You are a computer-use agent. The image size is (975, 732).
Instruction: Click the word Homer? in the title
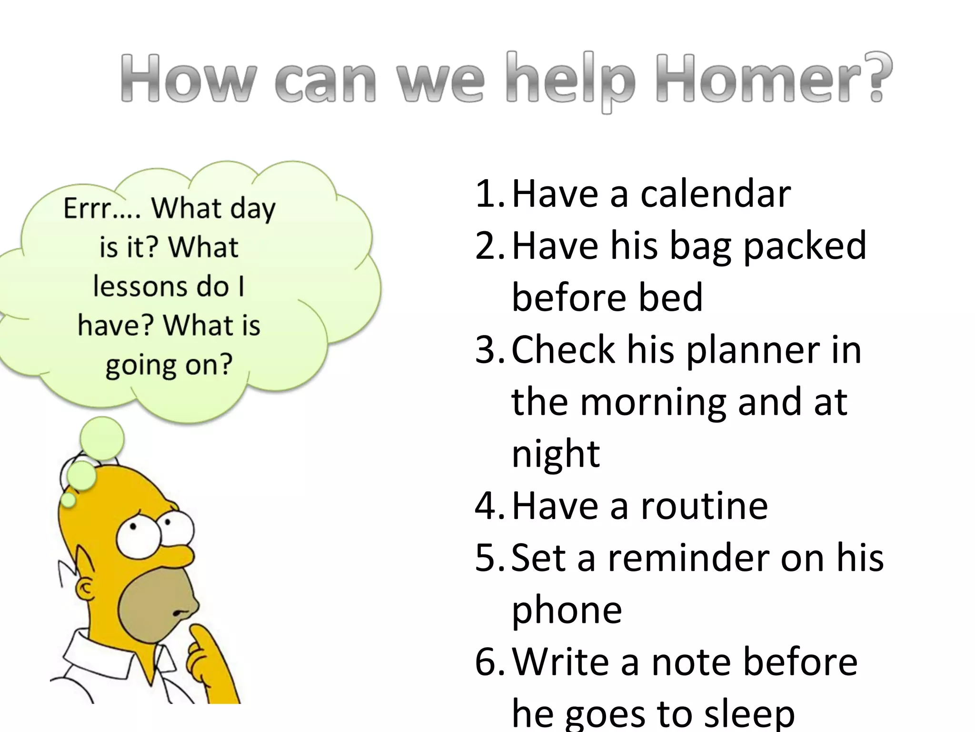[x=773, y=79]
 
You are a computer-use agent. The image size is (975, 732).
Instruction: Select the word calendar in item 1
[x=715, y=194]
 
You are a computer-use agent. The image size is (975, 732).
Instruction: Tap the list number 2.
[x=490, y=245]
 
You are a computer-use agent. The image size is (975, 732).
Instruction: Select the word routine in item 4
[x=704, y=506]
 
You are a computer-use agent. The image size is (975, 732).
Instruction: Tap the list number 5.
[x=490, y=558]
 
